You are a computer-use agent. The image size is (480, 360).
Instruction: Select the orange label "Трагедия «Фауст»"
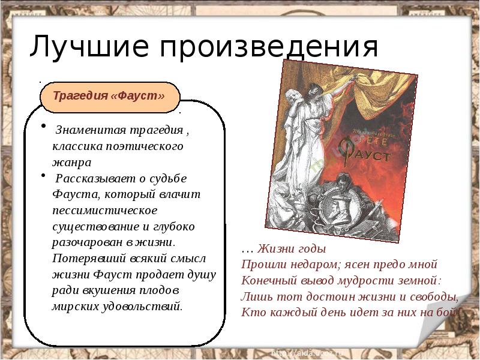coord(109,96)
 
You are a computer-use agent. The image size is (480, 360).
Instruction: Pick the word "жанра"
coord(71,161)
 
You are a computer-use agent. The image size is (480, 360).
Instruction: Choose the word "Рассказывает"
coord(91,178)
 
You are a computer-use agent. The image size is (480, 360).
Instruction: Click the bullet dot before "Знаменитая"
coord(43,125)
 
